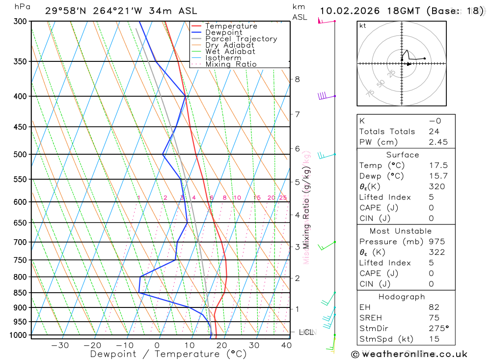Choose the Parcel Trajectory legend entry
point(241,39)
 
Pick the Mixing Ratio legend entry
point(231,64)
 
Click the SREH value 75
point(434,318)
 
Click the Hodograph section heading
point(402,297)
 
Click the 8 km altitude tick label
point(297,79)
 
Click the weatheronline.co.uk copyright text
point(409,354)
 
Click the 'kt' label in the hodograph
point(362,26)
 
